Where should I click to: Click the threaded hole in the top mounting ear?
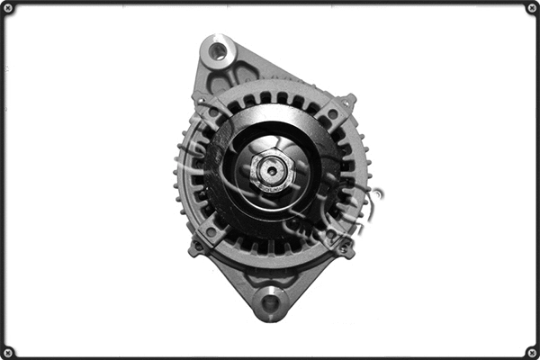point(218,50)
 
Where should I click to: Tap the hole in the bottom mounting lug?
point(271,302)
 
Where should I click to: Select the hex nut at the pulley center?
point(268,168)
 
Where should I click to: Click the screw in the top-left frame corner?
point(8,8)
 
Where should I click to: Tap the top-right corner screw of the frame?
point(531,8)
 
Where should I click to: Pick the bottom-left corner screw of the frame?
point(8,351)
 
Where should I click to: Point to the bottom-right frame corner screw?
point(531,351)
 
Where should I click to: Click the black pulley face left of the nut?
point(225,171)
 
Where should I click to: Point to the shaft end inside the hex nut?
point(268,168)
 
